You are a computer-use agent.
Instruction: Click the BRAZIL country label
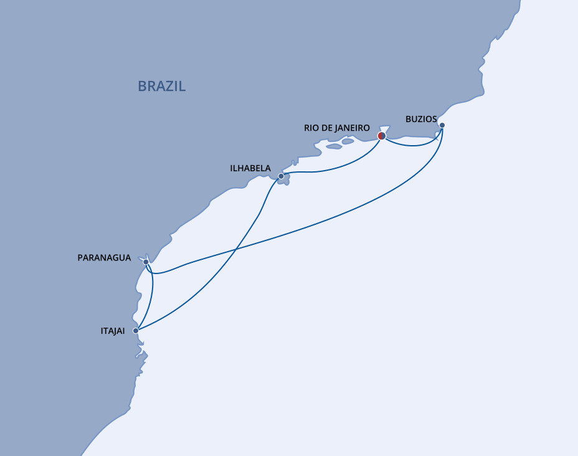tap(161, 86)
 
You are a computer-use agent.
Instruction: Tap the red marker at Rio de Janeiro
tap(382, 135)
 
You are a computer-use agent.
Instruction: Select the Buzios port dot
tap(442, 125)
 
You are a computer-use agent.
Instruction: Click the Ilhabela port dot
tap(281, 176)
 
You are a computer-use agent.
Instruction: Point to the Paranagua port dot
tap(146, 262)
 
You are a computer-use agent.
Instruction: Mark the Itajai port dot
tap(136, 331)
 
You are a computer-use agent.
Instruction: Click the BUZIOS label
tap(421, 118)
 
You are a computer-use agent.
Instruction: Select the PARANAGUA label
tap(105, 258)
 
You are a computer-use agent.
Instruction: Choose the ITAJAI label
tap(113, 332)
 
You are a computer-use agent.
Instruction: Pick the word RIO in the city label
tap(311, 128)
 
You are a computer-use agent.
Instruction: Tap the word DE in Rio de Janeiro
tap(326, 128)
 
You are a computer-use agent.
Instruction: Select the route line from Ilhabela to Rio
tap(336, 166)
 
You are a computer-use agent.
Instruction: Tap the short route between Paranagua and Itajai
tap(152, 297)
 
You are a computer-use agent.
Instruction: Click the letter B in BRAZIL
tap(142, 86)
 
